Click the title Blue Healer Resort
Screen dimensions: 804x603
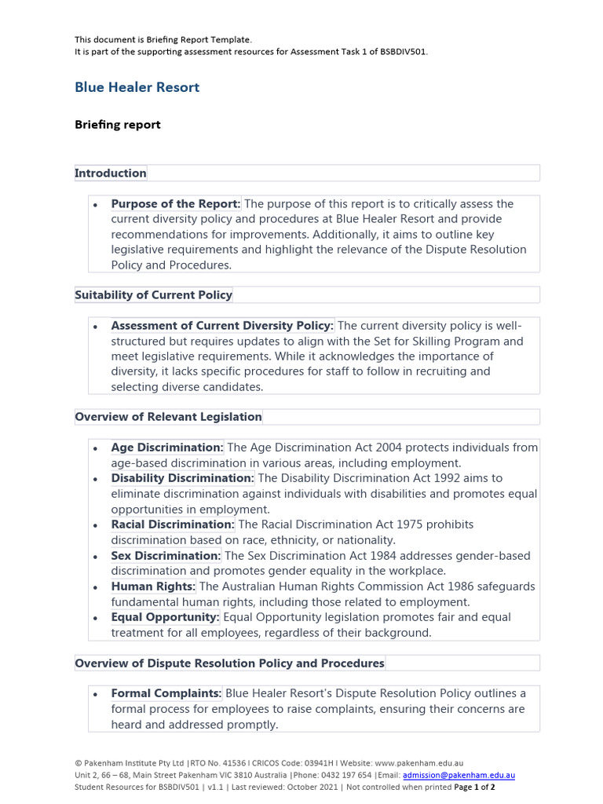pyautogui.click(x=137, y=87)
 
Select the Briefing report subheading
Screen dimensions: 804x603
pyautogui.click(x=117, y=124)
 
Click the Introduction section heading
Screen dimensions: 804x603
pyautogui.click(x=111, y=173)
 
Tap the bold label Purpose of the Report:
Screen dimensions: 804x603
pyautogui.click(x=176, y=203)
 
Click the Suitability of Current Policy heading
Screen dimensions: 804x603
pyautogui.click(x=154, y=295)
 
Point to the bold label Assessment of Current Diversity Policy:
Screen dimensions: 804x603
pyautogui.click(x=222, y=326)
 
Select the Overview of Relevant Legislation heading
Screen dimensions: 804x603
pyautogui.click(x=169, y=417)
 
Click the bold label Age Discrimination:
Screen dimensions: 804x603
pyautogui.click(x=167, y=448)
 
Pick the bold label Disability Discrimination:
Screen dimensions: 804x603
pyautogui.click(x=182, y=478)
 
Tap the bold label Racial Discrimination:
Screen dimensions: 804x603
pyautogui.click(x=173, y=524)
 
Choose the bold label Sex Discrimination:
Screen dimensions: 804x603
pyautogui.click(x=166, y=556)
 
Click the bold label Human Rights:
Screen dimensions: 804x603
pyautogui.click(x=153, y=587)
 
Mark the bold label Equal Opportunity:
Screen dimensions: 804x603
pyautogui.click(x=165, y=617)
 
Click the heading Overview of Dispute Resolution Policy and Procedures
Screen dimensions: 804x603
pyautogui.click(x=230, y=663)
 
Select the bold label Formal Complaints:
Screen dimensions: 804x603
pyautogui.click(x=166, y=694)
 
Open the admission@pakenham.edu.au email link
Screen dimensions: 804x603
pyautogui.click(x=459, y=775)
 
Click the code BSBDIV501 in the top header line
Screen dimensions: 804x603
pyautogui.click(x=401, y=51)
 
